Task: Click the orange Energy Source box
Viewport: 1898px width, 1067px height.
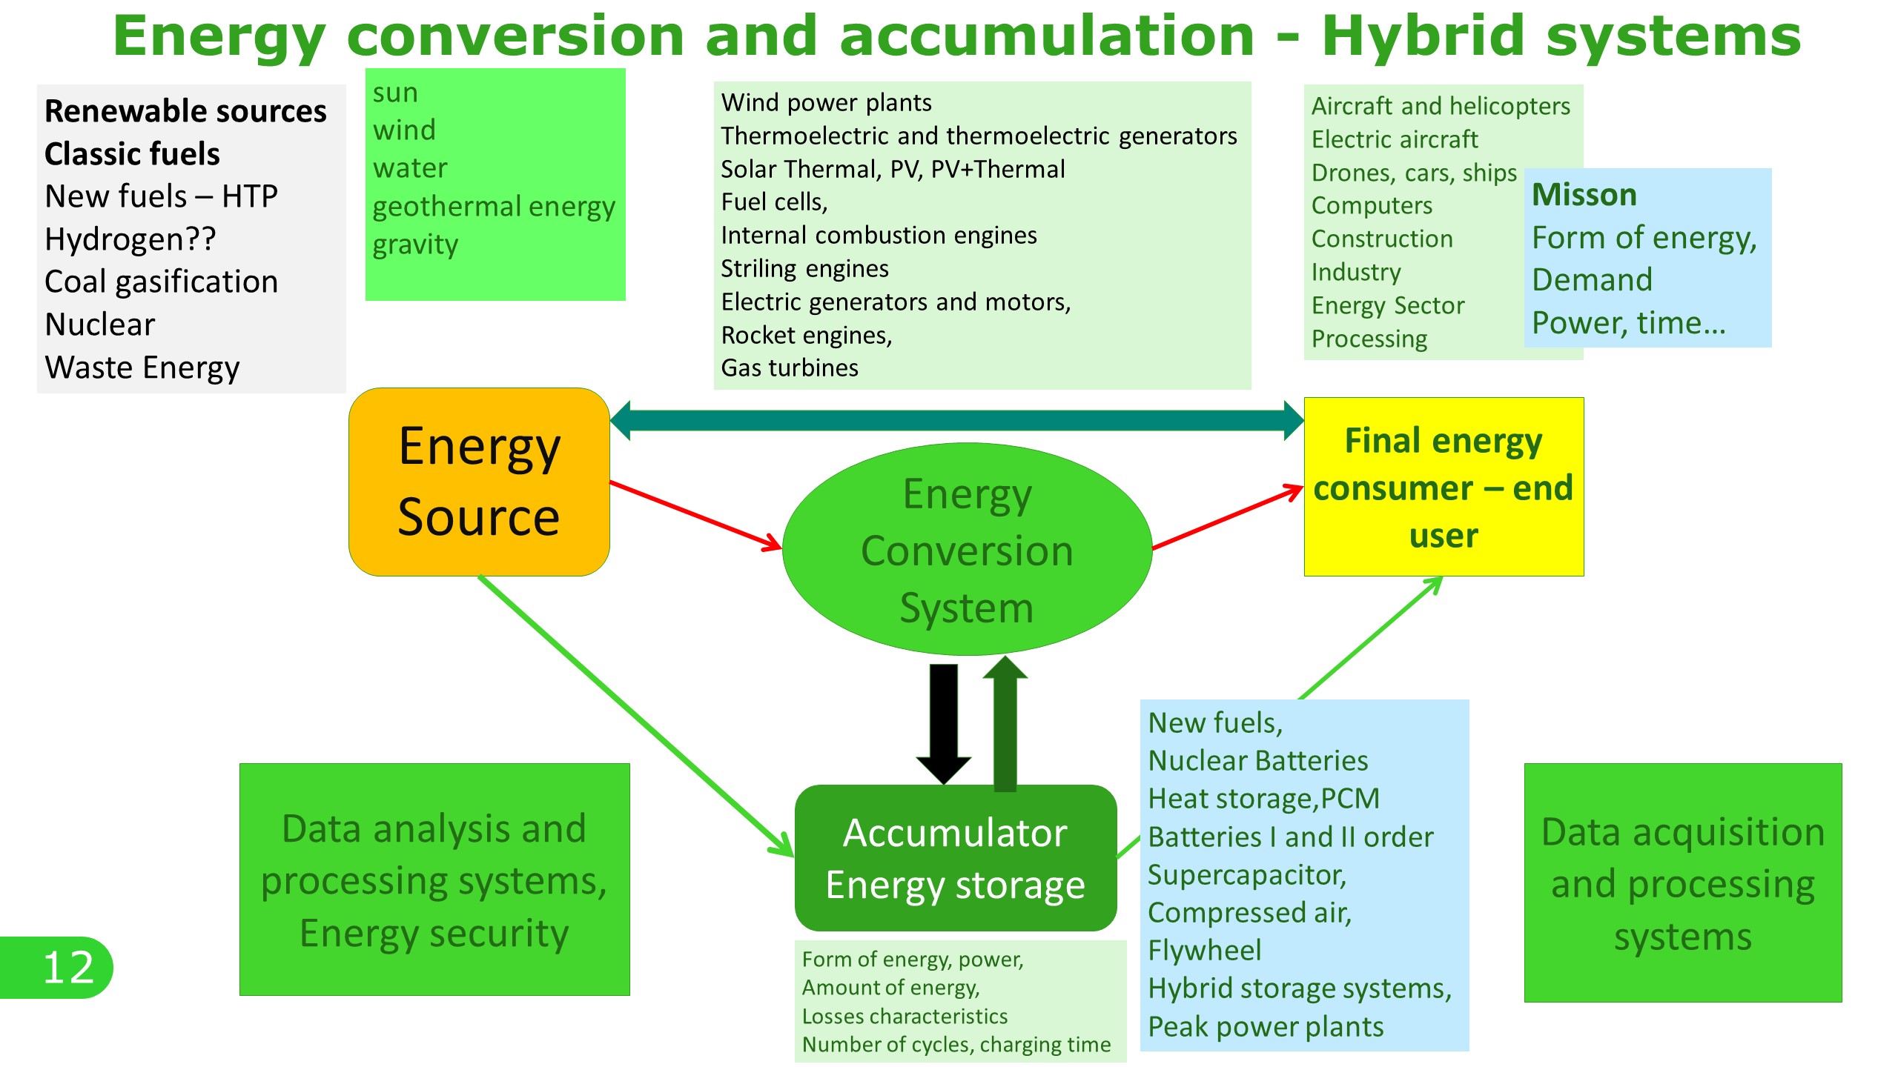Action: click(479, 482)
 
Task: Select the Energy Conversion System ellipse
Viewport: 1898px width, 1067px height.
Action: click(967, 550)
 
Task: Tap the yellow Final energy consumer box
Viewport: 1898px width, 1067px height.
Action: click(1444, 487)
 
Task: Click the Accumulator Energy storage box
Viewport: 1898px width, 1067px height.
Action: click(955, 858)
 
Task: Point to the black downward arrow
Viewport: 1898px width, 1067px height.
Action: click(943, 722)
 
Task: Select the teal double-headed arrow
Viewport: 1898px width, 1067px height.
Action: click(956, 420)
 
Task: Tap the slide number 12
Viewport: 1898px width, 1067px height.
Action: click(68, 967)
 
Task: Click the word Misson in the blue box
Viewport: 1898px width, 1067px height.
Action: click(1584, 195)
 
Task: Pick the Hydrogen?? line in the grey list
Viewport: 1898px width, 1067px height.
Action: click(130, 239)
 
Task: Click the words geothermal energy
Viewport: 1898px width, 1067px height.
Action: click(494, 206)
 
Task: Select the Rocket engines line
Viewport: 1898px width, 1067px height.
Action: click(807, 335)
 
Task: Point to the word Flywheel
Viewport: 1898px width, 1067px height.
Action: click(1204, 950)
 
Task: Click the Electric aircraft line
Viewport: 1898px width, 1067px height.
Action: click(1394, 139)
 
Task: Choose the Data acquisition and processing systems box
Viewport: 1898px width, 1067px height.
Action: click(1683, 883)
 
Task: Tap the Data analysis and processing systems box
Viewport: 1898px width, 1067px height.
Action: click(434, 880)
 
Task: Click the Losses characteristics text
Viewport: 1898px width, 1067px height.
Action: click(905, 1016)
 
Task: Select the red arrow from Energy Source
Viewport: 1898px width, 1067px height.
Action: click(695, 515)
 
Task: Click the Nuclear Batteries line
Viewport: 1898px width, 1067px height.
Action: click(1257, 760)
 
